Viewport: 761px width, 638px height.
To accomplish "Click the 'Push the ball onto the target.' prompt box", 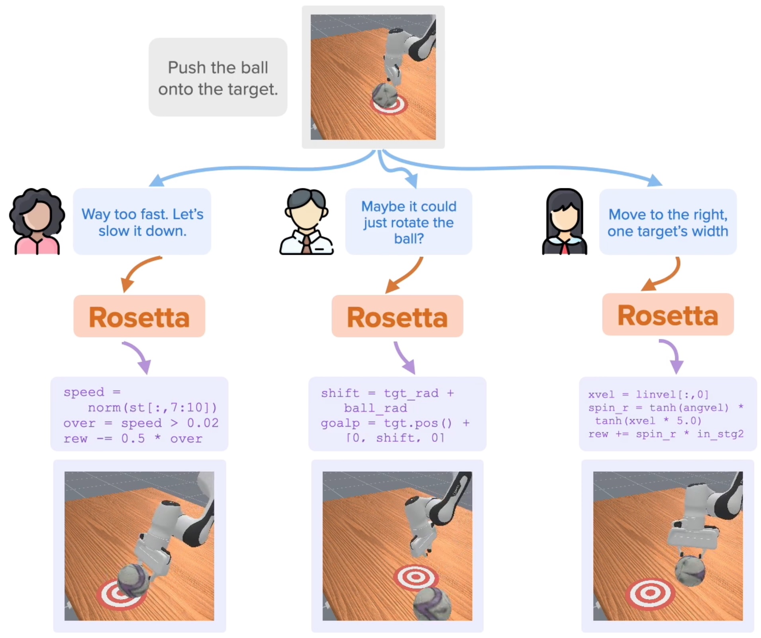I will point(218,77).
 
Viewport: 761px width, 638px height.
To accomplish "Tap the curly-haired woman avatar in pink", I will point(37,222).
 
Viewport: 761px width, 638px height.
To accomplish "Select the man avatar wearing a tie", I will point(306,222).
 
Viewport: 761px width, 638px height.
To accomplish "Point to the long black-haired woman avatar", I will point(564,222).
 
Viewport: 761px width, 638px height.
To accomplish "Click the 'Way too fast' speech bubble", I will point(142,222).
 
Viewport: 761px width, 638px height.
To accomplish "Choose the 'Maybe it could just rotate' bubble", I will point(408,222).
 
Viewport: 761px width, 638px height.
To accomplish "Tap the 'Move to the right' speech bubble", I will point(668,222).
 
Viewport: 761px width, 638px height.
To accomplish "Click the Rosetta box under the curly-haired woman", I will point(139,316).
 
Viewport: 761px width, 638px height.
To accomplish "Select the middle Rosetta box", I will point(397,316).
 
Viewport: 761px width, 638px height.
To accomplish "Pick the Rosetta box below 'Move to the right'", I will point(668,315).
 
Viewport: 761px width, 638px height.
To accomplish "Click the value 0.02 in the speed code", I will point(203,423).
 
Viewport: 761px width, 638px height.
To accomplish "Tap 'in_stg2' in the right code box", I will point(720,434).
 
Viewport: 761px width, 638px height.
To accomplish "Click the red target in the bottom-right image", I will point(650,593).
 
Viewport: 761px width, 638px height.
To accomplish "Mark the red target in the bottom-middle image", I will point(416,577).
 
